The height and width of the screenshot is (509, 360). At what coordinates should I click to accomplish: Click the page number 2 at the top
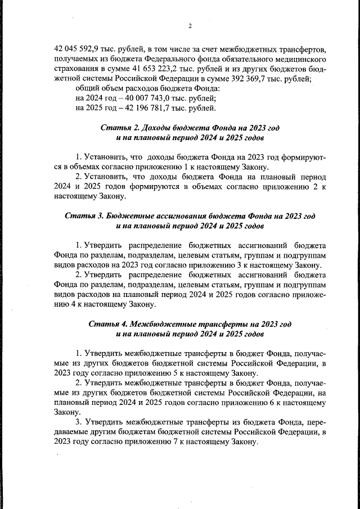[190, 26]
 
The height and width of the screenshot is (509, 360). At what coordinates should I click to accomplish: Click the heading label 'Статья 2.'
[119, 128]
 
